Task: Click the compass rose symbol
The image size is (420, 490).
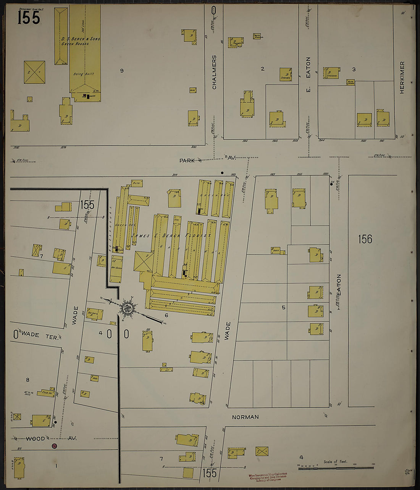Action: (127, 308)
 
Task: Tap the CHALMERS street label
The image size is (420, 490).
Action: (214, 72)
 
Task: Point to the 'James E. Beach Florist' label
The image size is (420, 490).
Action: (171, 236)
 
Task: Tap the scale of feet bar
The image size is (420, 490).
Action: (336, 467)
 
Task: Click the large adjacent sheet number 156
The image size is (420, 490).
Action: (365, 239)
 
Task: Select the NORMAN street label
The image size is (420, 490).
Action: (245, 417)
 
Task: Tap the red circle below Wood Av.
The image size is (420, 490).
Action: (54, 446)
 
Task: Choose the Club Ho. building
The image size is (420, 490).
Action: (46, 393)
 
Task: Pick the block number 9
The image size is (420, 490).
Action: (122, 71)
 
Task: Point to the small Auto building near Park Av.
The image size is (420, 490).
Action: (137, 183)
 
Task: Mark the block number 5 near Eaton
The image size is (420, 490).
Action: (283, 307)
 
